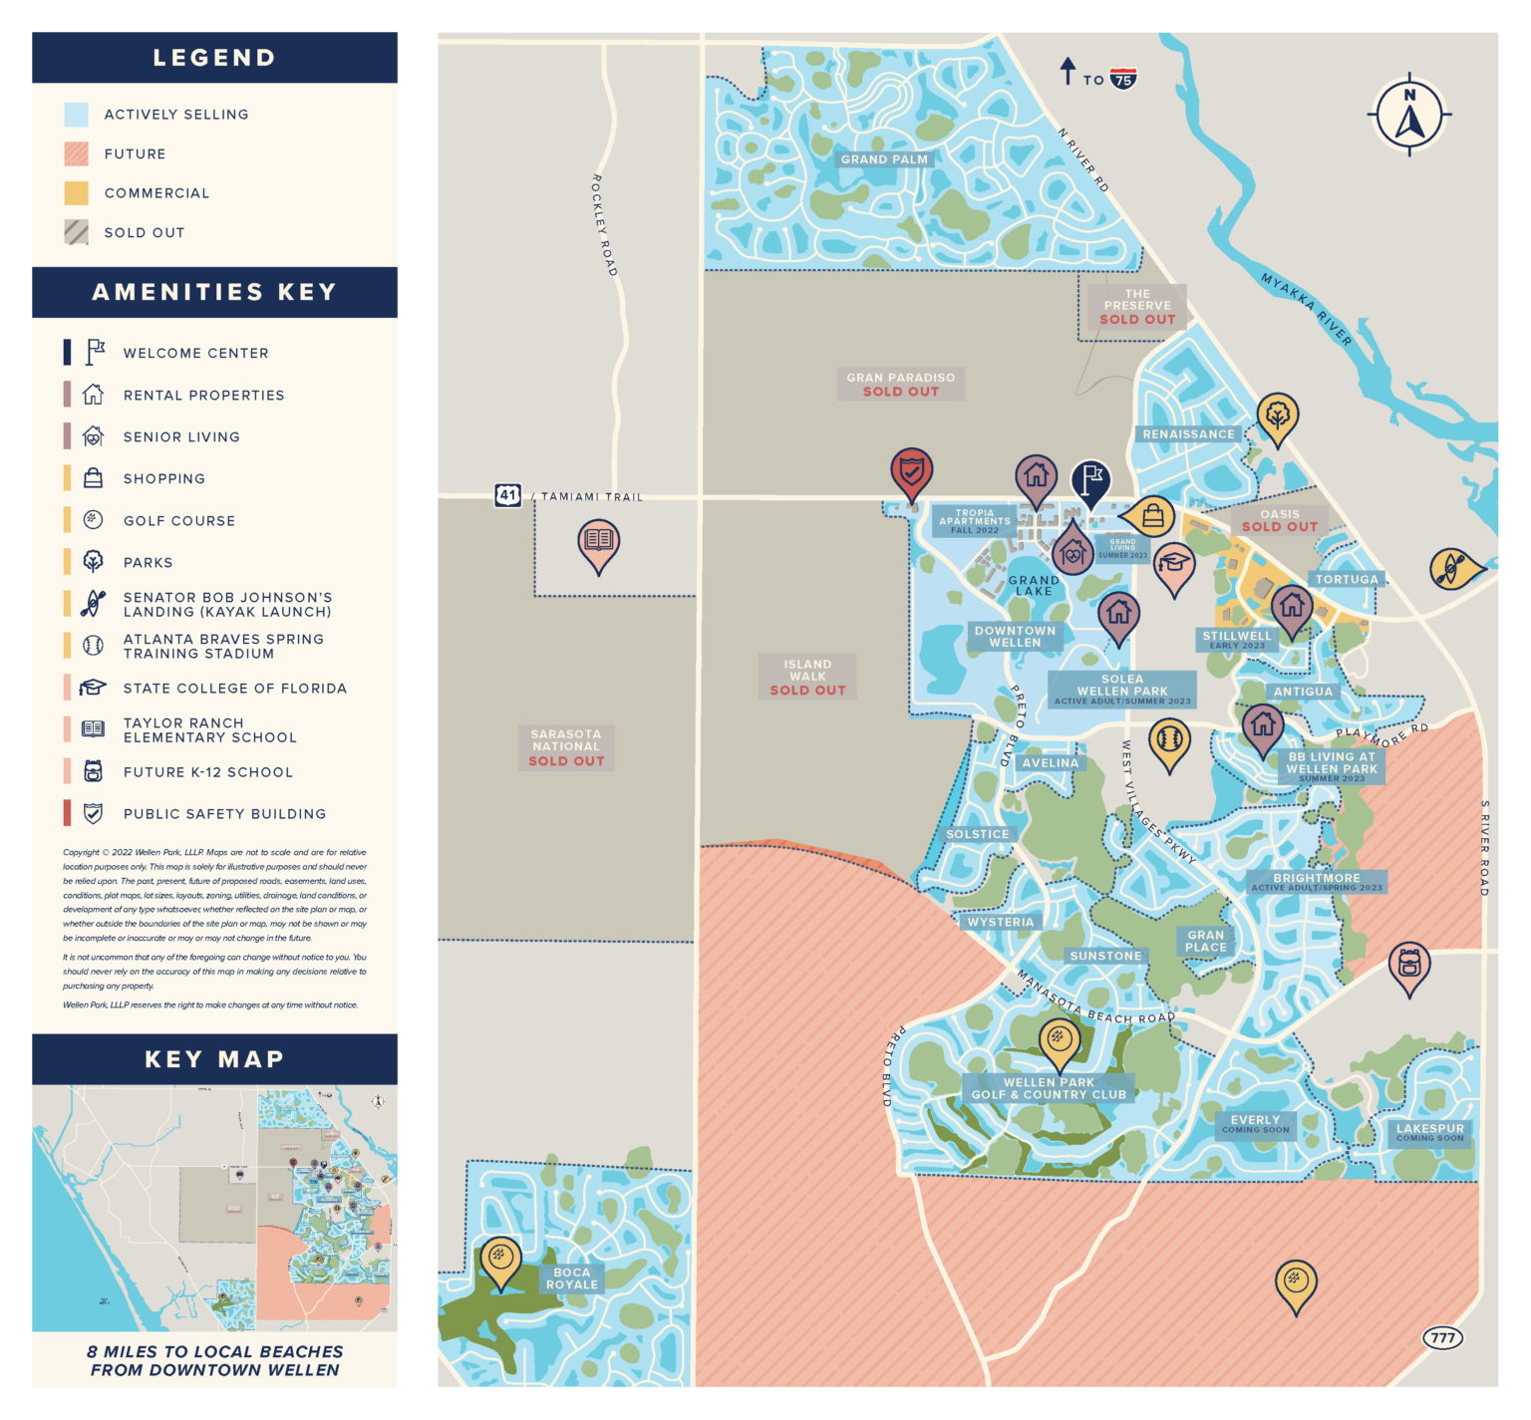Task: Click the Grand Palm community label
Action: click(x=883, y=159)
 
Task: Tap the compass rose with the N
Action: click(x=1408, y=114)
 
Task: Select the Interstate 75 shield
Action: click(x=1123, y=80)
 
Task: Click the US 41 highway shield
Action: click(x=507, y=494)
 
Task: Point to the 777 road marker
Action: click(x=1442, y=1337)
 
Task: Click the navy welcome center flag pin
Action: click(x=1091, y=480)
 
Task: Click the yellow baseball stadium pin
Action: click(x=1168, y=741)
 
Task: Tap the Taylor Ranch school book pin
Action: click(x=598, y=541)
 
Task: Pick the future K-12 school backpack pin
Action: click(x=1408, y=964)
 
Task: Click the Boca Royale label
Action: click(x=571, y=1278)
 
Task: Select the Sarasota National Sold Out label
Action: click(x=566, y=747)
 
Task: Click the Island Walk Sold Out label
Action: click(x=807, y=677)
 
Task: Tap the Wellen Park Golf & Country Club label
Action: click(x=1049, y=1088)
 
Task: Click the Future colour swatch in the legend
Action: click(x=77, y=153)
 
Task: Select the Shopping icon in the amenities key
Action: click(x=93, y=478)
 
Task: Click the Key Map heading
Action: click(x=214, y=1059)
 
